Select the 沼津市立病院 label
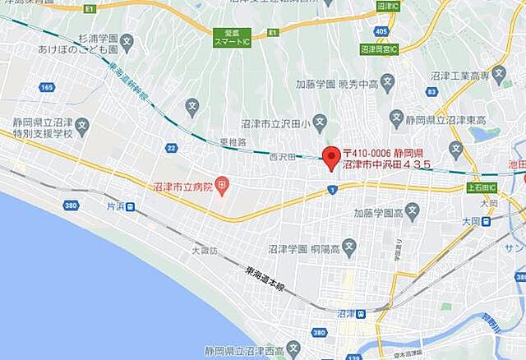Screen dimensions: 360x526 [182, 187]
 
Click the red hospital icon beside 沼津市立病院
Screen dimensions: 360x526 [223, 187]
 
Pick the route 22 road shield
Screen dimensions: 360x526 [171, 147]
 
